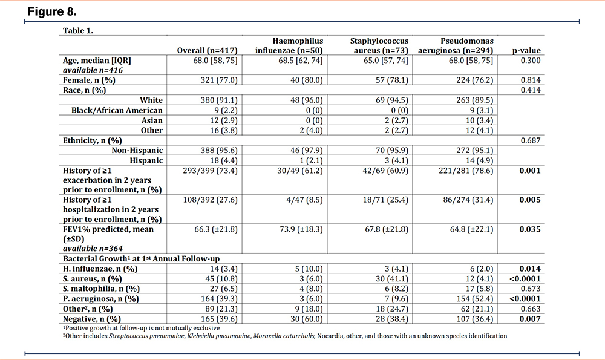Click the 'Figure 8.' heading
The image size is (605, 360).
point(51,11)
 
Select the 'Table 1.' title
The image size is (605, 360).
point(78,30)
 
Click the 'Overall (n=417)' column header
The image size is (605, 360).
point(207,51)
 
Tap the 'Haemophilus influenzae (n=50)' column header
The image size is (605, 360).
point(289,45)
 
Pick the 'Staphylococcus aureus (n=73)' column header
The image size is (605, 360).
point(379,45)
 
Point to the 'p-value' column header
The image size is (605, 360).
point(526,51)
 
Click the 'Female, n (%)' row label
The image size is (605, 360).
point(89,80)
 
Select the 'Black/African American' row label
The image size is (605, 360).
point(117,110)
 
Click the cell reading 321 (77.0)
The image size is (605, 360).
point(219,80)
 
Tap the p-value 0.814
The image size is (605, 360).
point(531,80)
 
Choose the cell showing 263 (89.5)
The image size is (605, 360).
point(474,100)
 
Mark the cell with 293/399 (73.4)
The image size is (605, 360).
point(211,171)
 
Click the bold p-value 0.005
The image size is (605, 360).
point(530,200)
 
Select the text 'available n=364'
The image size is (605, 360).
point(93,249)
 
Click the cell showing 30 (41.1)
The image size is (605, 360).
point(391,278)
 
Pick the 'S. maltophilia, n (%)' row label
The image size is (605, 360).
point(102,289)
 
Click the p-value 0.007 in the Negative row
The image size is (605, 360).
point(530,319)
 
